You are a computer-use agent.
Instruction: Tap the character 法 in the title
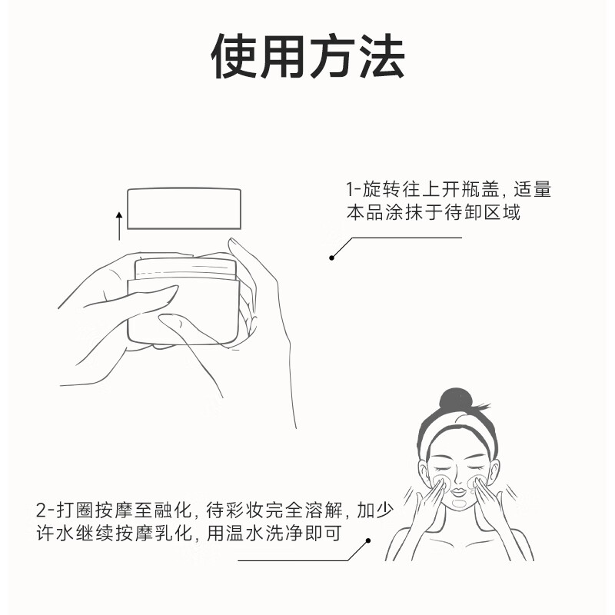point(381,56)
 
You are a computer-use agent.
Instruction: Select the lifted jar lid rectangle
point(185,208)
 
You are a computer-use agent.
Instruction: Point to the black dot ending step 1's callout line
point(332,258)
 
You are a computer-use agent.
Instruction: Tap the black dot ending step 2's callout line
point(368,540)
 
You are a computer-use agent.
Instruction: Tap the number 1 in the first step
point(349,190)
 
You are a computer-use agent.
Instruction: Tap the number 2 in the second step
point(42,510)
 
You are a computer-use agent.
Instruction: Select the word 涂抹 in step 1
point(404,213)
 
